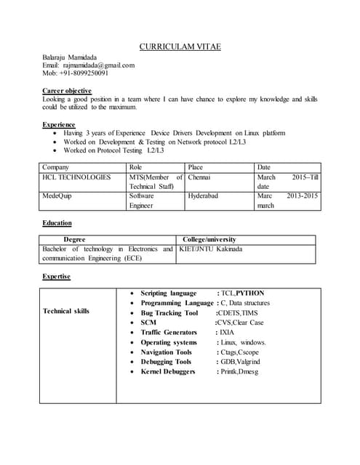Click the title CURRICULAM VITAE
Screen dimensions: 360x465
coord(180,47)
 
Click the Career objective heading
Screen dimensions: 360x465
coord(67,91)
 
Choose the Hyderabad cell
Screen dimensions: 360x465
coord(204,196)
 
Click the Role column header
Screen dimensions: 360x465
coord(136,167)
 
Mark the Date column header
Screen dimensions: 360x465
coord(264,167)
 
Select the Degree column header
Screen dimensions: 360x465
coord(75,239)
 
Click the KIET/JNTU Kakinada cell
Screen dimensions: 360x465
coord(211,249)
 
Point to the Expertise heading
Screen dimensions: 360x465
coord(57,277)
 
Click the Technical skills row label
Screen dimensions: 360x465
coord(66,311)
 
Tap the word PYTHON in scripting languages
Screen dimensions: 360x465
coord(250,293)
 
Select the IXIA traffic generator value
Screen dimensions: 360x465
coord(225,332)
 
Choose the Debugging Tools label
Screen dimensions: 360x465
coord(166,362)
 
